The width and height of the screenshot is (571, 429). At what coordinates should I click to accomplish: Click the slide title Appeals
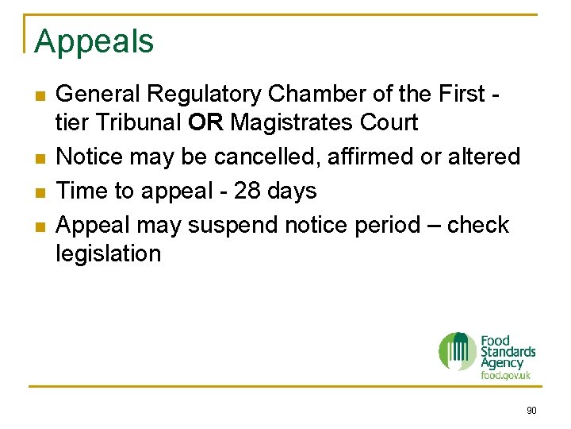(94, 42)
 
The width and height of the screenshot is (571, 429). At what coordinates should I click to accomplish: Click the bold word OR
(207, 123)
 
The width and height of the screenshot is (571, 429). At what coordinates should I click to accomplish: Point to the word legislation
(109, 253)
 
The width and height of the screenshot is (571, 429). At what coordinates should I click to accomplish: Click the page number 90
(531, 411)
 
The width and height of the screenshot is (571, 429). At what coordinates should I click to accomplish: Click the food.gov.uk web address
(506, 375)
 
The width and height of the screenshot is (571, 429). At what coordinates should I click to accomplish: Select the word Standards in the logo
(508, 351)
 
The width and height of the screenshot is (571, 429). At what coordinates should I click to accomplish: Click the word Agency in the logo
(502, 363)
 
